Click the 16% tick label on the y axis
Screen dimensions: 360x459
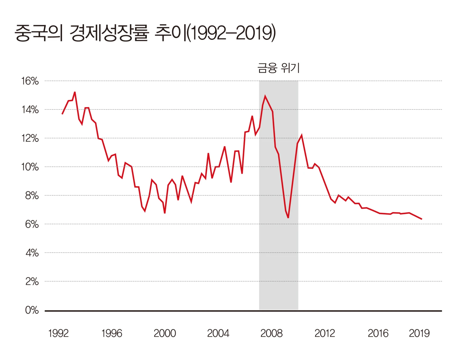pos(30,81)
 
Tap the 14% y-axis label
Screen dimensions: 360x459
pos(30,110)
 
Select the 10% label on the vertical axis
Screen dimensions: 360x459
pos(30,167)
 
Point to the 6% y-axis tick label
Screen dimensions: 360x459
pos(32,224)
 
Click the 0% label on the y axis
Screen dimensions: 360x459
pos(32,310)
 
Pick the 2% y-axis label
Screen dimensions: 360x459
pos(32,281)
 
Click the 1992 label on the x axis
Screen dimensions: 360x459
pos(58,333)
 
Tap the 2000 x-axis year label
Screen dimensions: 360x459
pos(165,333)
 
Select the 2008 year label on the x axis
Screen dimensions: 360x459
pos(271,333)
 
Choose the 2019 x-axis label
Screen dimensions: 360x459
pos(419,333)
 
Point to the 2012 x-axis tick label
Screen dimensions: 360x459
pos(325,333)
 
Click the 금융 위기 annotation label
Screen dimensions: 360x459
pos(278,68)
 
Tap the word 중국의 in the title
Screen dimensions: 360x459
pos(39,33)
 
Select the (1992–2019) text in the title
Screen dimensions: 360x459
pos(231,33)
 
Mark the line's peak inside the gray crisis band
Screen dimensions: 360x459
pos(265,96)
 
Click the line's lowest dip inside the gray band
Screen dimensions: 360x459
pos(288,218)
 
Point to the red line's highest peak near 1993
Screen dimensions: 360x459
pos(75,92)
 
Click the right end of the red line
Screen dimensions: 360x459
pos(421,219)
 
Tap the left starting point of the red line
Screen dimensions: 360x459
pos(62,114)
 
